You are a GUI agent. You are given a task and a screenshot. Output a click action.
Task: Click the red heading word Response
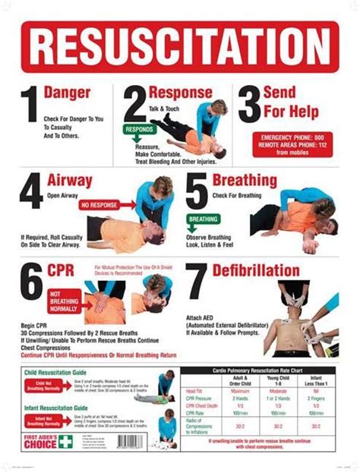point(180,93)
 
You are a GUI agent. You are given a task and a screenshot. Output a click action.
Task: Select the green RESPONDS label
point(138,129)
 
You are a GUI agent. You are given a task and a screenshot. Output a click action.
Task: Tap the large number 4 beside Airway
point(31,192)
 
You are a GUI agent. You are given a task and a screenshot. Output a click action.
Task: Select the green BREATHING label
point(204,219)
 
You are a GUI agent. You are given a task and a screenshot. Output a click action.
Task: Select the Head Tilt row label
point(196,391)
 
